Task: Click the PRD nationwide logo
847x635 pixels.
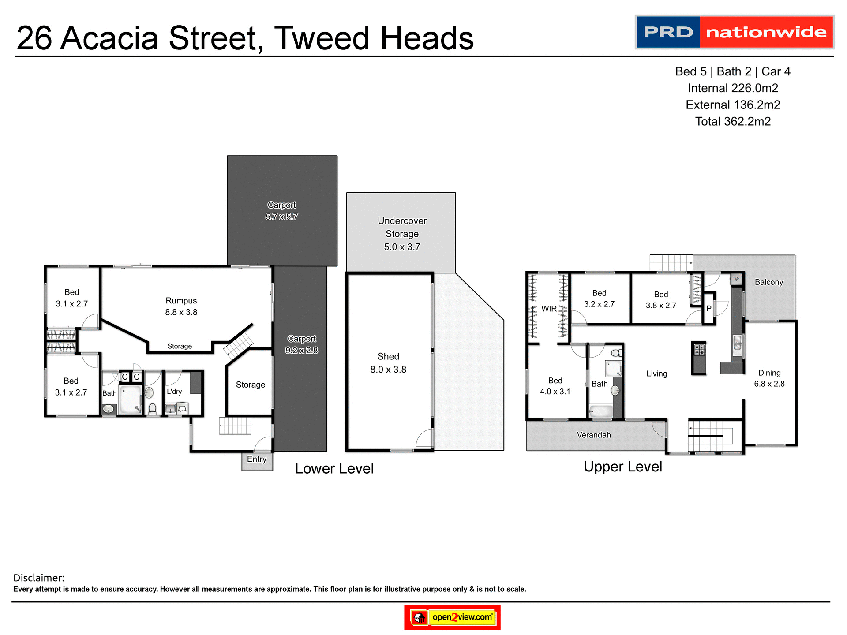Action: (x=734, y=32)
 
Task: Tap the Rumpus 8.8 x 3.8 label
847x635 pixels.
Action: (x=181, y=306)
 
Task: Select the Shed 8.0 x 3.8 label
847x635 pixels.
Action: (x=388, y=363)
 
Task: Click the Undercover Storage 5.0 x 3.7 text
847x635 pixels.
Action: (x=402, y=234)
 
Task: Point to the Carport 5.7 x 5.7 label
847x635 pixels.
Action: (x=282, y=211)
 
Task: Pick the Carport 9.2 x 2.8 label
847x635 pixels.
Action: (x=302, y=344)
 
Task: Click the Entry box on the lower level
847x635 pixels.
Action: (x=257, y=460)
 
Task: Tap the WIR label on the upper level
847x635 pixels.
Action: (x=549, y=309)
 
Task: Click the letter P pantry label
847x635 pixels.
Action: (x=708, y=309)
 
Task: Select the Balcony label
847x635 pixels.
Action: (x=769, y=282)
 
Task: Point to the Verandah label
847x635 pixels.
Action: (x=594, y=435)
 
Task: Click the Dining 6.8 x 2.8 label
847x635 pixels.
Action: (x=769, y=378)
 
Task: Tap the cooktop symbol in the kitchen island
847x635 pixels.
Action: (x=699, y=350)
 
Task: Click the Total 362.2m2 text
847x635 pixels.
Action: (x=733, y=122)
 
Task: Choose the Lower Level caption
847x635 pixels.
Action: (x=334, y=469)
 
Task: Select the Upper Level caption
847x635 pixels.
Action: (x=623, y=467)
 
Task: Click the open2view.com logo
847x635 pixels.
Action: (x=453, y=617)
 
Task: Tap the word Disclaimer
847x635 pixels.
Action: (x=39, y=578)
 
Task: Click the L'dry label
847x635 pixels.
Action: (x=174, y=392)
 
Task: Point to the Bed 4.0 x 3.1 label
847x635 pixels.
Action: (x=555, y=386)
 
